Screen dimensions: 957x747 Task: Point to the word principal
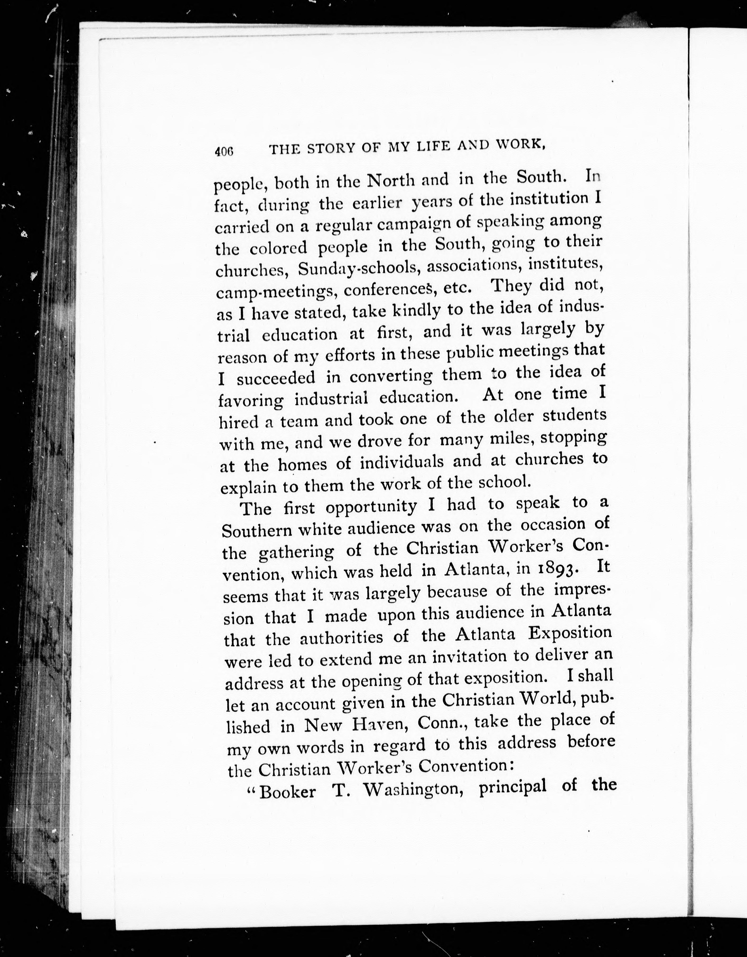coord(513,787)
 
